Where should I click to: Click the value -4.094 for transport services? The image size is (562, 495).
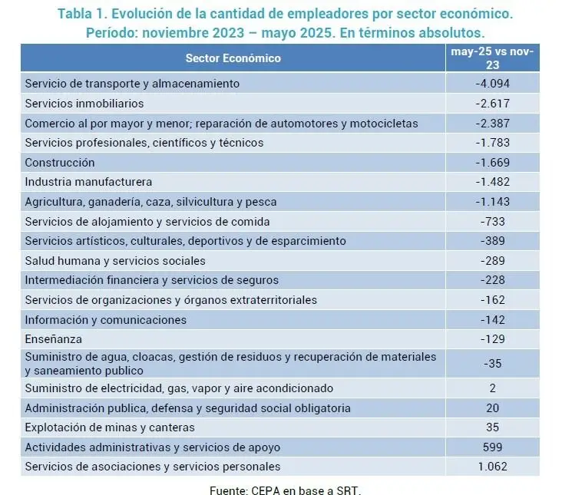click(492, 83)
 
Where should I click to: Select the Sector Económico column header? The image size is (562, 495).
click(233, 58)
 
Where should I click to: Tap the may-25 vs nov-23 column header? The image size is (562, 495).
click(492, 58)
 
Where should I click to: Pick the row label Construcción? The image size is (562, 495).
click(60, 162)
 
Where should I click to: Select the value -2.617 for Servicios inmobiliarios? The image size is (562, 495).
click(492, 103)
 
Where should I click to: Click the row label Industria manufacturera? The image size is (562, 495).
click(88, 182)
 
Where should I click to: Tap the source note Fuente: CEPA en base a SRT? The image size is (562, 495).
click(285, 489)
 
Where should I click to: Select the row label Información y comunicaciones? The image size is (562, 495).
click(105, 319)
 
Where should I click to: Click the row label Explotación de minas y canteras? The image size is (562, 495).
click(110, 427)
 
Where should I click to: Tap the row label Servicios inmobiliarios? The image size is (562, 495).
click(84, 103)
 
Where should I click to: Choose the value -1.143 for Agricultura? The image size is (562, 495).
click(492, 202)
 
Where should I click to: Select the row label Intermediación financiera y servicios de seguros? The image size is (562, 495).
click(151, 280)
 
